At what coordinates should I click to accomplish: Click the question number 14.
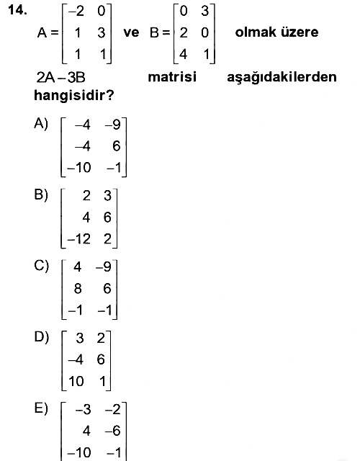tap(17, 10)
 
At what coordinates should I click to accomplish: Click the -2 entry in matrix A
tap(76, 12)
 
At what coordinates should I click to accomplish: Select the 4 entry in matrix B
tap(183, 54)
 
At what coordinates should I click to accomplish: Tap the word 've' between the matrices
tap(131, 32)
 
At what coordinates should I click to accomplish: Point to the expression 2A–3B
tap(60, 78)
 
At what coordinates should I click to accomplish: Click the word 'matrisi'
tap(172, 77)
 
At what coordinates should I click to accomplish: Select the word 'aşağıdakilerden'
tap(282, 77)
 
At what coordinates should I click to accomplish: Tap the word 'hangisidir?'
tap(73, 95)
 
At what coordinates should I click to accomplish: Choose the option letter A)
tap(41, 123)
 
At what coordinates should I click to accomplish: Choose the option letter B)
tap(41, 194)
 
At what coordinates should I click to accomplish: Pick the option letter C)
tap(41, 266)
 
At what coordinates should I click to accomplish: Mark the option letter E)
tap(41, 408)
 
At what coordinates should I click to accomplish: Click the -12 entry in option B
tap(78, 238)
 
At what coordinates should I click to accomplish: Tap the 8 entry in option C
tap(78, 288)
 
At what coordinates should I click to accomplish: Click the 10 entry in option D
tap(76, 381)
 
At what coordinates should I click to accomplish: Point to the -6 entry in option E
tap(113, 431)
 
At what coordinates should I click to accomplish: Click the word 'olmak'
tap(256, 32)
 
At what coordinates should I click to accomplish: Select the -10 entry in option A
tap(79, 168)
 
